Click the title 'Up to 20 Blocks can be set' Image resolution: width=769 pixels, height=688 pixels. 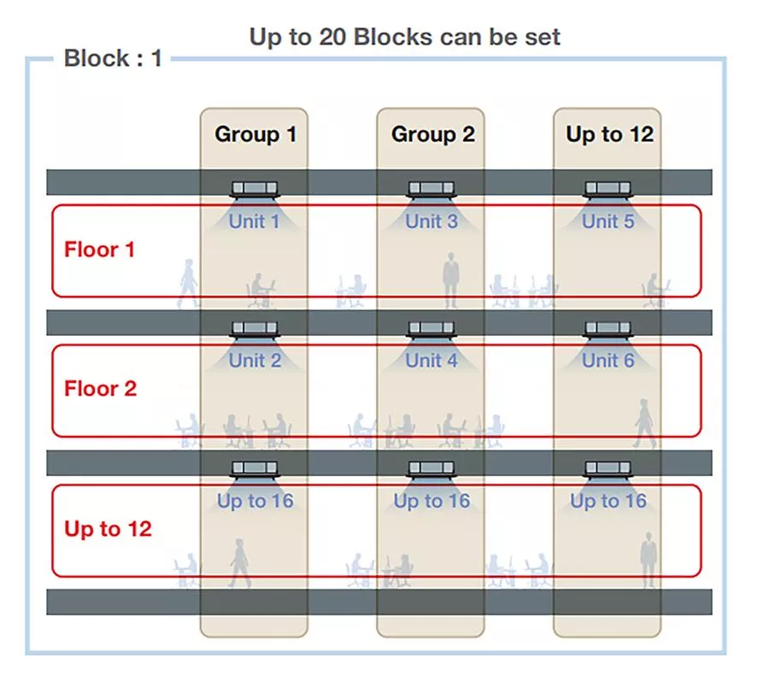pyautogui.click(x=405, y=38)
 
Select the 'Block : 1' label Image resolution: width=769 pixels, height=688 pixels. pyautogui.click(x=113, y=58)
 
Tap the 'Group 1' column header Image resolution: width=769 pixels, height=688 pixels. pyautogui.click(x=255, y=134)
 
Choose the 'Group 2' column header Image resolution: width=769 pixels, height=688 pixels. pyautogui.click(x=433, y=134)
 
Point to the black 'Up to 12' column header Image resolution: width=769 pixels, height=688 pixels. pyautogui.click(x=609, y=134)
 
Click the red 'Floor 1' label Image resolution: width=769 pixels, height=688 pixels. pyautogui.click(x=100, y=250)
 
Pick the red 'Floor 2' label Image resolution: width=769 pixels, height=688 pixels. pyautogui.click(x=101, y=389)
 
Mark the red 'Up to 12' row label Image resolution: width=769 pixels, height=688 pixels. pyautogui.click(x=108, y=529)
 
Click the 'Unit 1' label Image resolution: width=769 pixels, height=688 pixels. pyautogui.click(x=254, y=222)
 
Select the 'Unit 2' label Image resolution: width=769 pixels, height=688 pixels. pyautogui.click(x=255, y=361)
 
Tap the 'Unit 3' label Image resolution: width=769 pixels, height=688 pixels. pyautogui.click(x=431, y=222)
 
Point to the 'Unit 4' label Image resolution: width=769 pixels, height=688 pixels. pyautogui.click(x=431, y=361)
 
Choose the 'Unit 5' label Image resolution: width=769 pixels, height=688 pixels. pyautogui.click(x=608, y=222)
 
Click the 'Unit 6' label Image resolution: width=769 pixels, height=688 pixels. pyautogui.click(x=608, y=361)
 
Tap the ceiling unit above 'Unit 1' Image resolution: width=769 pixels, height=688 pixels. pyautogui.click(x=255, y=190)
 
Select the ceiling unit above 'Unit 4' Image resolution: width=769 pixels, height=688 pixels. pyautogui.click(x=431, y=329)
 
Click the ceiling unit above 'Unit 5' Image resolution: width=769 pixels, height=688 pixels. pyautogui.click(x=608, y=190)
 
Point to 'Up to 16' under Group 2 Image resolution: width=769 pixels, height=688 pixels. pyautogui.click(x=431, y=501)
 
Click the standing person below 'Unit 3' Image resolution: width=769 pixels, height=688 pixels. pyautogui.click(x=450, y=280)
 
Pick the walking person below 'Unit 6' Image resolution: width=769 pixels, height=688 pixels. pyautogui.click(x=644, y=423)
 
